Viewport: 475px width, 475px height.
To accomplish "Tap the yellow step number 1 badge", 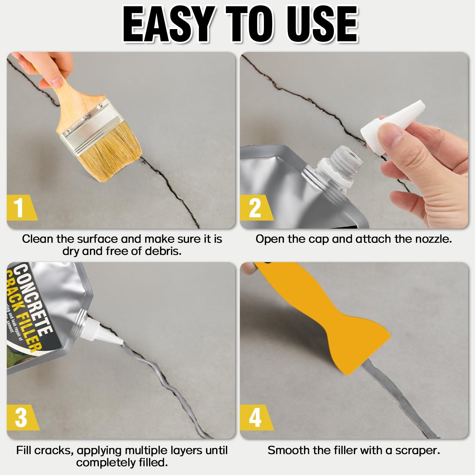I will [x=20, y=208].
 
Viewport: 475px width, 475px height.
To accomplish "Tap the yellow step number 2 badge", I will [x=255, y=208].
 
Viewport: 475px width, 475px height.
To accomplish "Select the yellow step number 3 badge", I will [x=21, y=417].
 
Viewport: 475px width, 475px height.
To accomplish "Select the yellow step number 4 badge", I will [x=255, y=417].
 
